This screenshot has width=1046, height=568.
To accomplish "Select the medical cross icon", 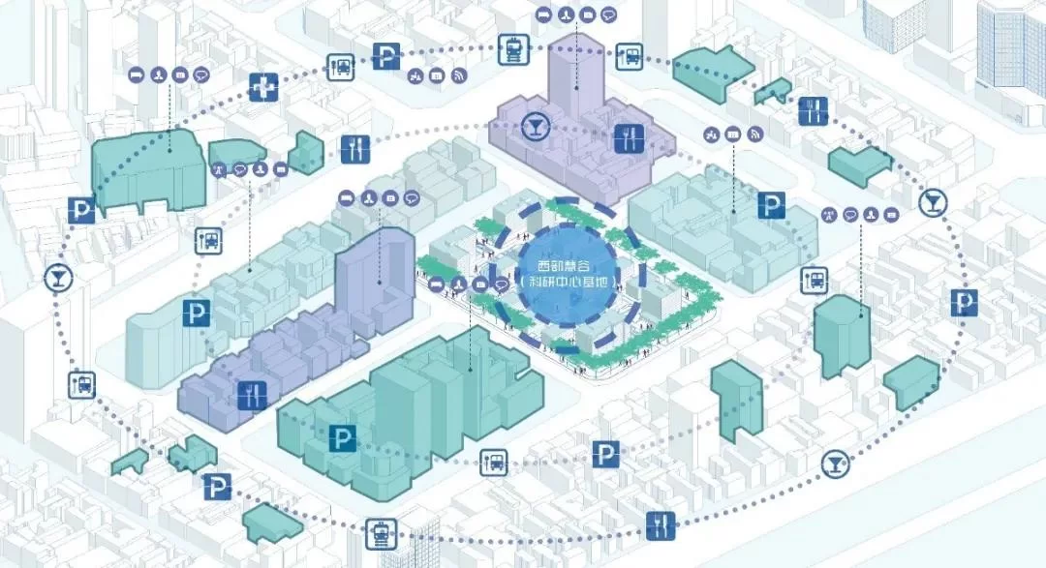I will click(262, 87).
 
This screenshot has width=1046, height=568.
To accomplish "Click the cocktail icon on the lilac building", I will click(533, 125).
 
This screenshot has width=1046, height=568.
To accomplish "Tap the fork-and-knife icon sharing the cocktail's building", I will click(629, 138).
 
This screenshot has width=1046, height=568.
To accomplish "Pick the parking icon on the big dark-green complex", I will click(340, 437).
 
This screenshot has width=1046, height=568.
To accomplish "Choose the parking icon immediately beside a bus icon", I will click(385, 56).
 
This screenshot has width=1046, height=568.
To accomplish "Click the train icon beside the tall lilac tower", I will click(512, 48).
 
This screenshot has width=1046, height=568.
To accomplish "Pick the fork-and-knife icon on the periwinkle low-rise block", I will click(251, 395).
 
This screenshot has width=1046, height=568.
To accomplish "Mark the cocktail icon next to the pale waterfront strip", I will click(834, 463).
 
